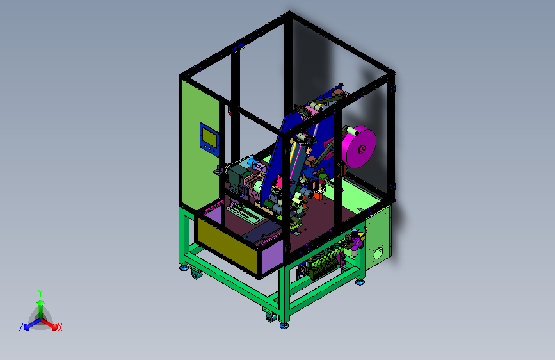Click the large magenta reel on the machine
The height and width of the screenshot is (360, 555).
coord(360,147)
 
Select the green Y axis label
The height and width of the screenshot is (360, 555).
coord(40,293)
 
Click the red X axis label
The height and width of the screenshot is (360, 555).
coord(60,327)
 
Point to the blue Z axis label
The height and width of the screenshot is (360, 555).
coord(21,327)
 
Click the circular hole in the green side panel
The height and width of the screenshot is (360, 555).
coord(378,253)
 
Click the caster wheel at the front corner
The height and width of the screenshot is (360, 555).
coord(271,317)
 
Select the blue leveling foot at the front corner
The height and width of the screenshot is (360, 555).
coord(284,325)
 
